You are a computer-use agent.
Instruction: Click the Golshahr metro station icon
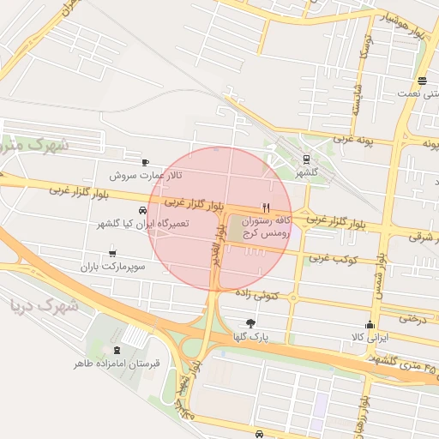point(306,159)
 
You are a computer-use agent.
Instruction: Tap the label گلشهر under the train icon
point(306,172)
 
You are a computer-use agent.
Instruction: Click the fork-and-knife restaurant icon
point(267,207)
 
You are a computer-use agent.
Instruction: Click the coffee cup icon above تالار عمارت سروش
point(145,162)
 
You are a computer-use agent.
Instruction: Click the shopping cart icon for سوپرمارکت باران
point(112,254)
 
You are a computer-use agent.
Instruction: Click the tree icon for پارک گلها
point(250,323)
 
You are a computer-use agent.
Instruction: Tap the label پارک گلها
point(249,337)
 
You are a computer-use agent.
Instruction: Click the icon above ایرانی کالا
point(370,324)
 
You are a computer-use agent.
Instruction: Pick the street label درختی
point(410,318)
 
